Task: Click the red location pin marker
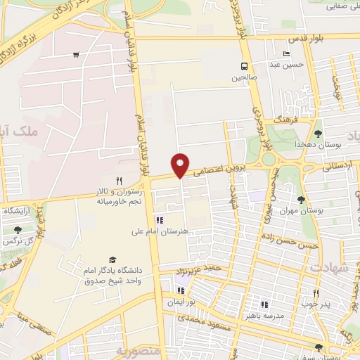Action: point(181,165)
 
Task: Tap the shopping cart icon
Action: point(75,55)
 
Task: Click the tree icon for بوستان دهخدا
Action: point(318,133)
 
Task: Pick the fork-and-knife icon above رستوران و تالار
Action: point(119,181)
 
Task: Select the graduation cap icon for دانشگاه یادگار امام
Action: point(110,259)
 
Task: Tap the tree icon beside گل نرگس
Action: point(18,229)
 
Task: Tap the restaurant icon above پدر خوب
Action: point(316,295)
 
